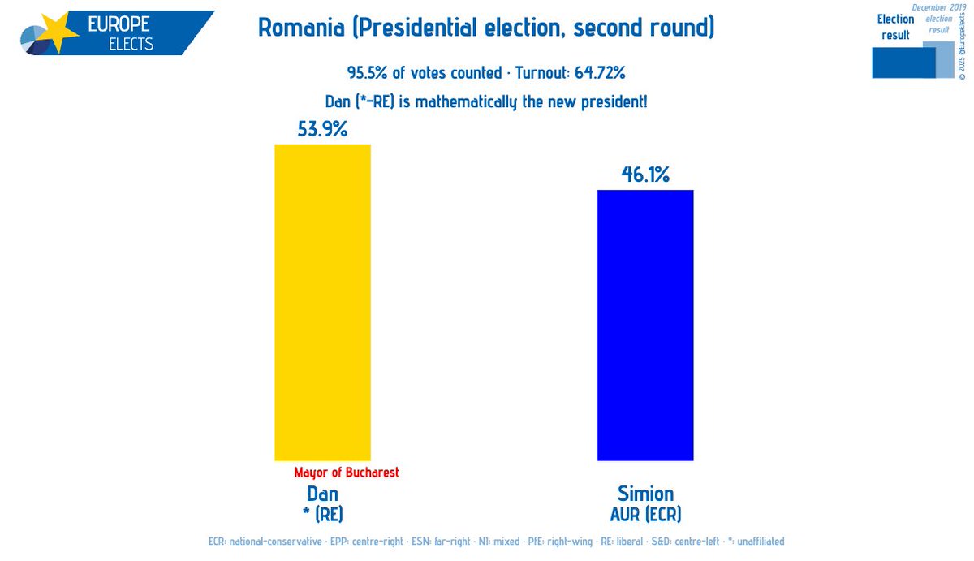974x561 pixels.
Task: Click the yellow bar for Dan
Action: (x=322, y=302)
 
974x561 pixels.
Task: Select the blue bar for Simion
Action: (x=645, y=325)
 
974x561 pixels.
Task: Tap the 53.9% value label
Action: (x=322, y=128)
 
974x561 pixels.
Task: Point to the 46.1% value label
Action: (x=645, y=174)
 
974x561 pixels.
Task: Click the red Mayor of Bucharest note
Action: (x=347, y=473)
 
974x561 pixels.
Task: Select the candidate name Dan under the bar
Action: (x=322, y=494)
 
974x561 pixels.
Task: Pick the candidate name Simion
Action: (x=645, y=494)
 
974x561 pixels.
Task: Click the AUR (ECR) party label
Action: (x=645, y=514)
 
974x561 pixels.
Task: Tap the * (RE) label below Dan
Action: (x=322, y=514)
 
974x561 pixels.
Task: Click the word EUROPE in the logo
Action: (x=119, y=24)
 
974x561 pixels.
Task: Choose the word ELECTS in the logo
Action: (x=131, y=44)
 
